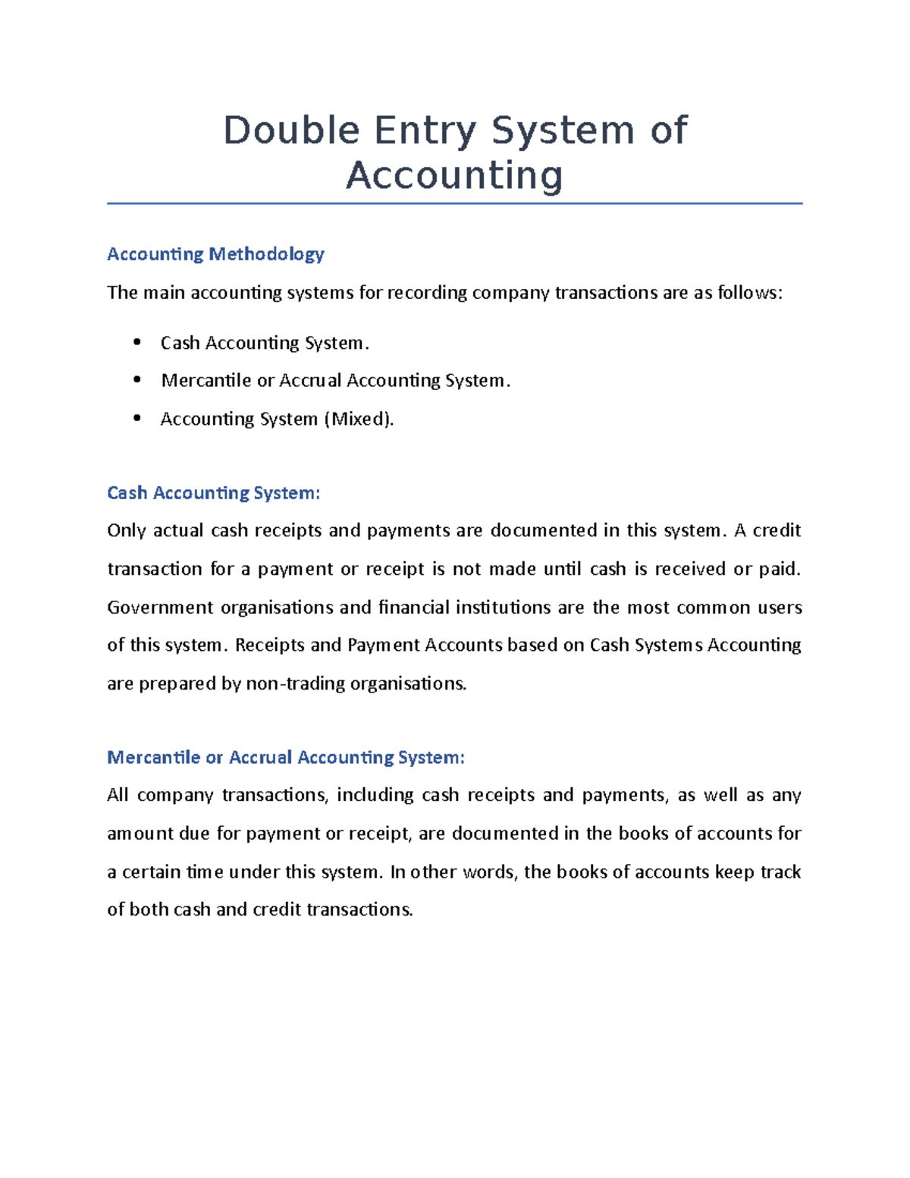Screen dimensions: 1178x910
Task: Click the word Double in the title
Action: (x=291, y=130)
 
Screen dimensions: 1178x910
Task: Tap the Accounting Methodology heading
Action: (x=215, y=254)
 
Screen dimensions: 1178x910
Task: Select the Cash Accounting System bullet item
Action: (x=264, y=344)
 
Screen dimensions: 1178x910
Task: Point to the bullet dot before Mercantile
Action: (x=137, y=380)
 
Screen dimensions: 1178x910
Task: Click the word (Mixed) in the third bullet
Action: (x=359, y=419)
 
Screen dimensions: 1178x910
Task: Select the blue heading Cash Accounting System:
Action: (x=213, y=493)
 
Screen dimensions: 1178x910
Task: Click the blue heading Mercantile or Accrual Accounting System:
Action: (x=285, y=757)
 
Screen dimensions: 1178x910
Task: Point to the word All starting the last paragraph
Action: (x=118, y=795)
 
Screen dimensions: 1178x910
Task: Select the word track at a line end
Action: (x=780, y=872)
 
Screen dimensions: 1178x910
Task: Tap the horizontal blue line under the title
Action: (x=454, y=203)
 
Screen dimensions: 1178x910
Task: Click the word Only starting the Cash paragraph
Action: (x=126, y=530)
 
